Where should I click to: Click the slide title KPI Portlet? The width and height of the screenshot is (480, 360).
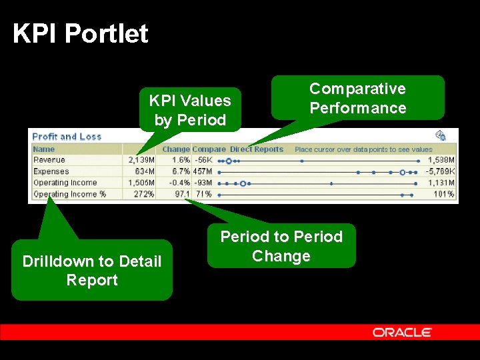pyautogui.click(x=81, y=33)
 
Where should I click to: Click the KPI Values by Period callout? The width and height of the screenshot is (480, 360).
pyautogui.click(x=190, y=110)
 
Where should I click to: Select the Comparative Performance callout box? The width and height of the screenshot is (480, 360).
pyautogui.click(x=357, y=99)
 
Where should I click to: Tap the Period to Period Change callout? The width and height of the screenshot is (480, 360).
pyautogui.click(x=281, y=246)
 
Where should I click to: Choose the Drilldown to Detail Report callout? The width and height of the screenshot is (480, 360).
pyautogui.click(x=92, y=270)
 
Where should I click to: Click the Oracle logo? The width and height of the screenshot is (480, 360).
pyautogui.click(x=402, y=332)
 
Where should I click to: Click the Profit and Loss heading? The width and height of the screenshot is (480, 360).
pyautogui.click(x=67, y=137)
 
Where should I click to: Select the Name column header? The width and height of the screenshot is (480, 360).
pyautogui.click(x=44, y=149)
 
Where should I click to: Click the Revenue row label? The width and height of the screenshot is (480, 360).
pyautogui.click(x=49, y=160)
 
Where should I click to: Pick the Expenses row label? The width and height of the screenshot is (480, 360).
pyautogui.click(x=51, y=171)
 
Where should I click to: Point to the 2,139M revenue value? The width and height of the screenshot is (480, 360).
pyautogui.click(x=141, y=161)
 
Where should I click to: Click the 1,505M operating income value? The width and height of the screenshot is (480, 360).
pyautogui.click(x=141, y=183)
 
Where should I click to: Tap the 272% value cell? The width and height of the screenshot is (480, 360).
pyautogui.click(x=143, y=194)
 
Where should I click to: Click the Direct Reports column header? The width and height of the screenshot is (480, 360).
pyautogui.click(x=257, y=149)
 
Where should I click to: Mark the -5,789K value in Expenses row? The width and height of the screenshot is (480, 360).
pyautogui.click(x=441, y=171)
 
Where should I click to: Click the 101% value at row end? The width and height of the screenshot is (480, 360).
pyautogui.click(x=444, y=194)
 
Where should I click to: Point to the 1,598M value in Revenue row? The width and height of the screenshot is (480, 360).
pyautogui.click(x=441, y=161)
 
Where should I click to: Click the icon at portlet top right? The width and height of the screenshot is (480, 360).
pyautogui.click(x=440, y=133)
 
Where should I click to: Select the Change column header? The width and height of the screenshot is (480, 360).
pyautogui.click(x=176, y=149)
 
